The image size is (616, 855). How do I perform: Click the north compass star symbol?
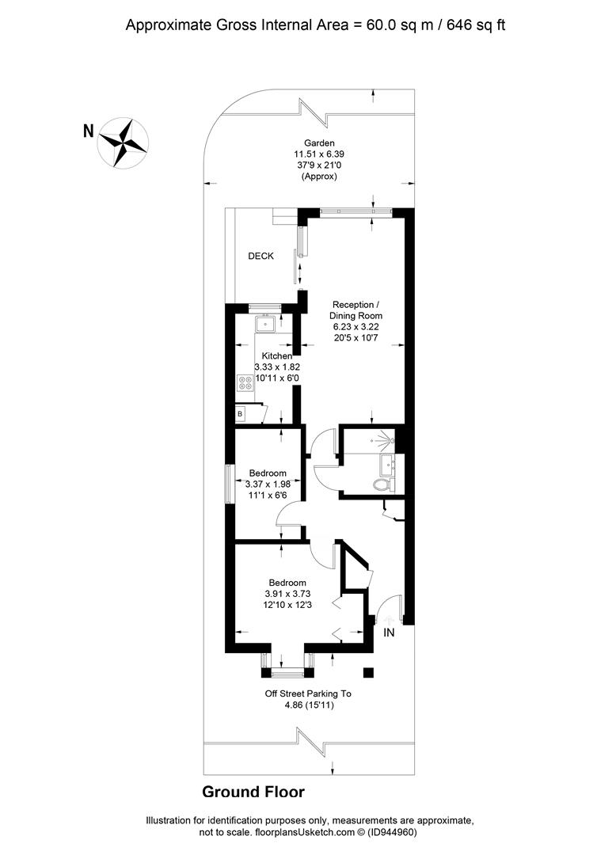click(x=123, y=142)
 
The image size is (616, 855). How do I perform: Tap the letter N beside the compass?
click(x=89, y=131)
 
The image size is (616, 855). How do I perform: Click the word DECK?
click(x=260, y=256)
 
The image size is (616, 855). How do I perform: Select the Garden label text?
click(x=319, y=143)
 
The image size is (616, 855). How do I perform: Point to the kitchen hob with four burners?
click(x=245, y=383)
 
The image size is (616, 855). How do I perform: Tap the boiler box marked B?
click(x=240, y=414)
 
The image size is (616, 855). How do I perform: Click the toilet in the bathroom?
click(x=381, y=484)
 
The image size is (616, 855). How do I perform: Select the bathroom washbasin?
click(x=388, y=465)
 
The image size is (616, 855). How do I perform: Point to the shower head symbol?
click(x=386, y=438)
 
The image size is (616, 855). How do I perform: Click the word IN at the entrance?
click(x=389, y=633)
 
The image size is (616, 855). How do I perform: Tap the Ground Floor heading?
click(x=253, y=792)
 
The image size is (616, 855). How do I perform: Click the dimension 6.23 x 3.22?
click(x=356, y=327)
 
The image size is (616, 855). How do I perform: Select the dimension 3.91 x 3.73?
click(x=288, y=594)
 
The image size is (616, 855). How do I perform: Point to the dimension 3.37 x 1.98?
click(x=268, y=484)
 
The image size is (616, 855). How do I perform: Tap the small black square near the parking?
click(x=369, y=672)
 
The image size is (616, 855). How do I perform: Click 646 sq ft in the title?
click(x=476, y=25)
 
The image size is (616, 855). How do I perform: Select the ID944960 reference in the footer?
click(x=392, y=833)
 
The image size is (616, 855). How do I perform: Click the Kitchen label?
click(x=277, y=356)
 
